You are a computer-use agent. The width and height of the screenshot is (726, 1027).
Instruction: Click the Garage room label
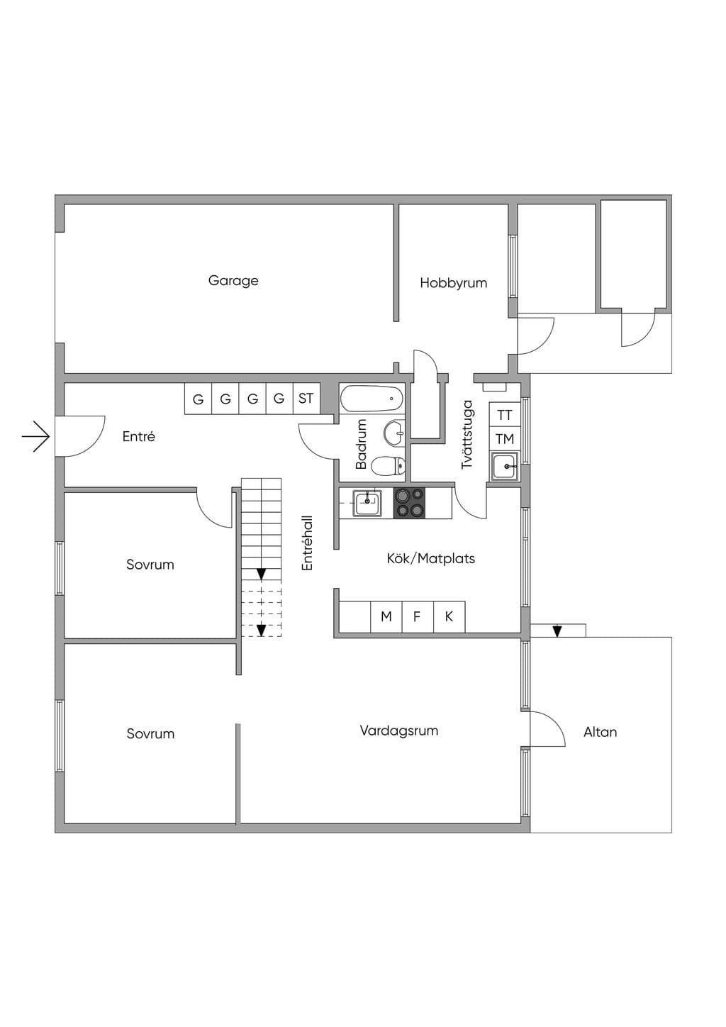tap(233, 281)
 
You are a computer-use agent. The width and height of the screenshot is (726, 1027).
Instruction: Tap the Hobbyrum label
tap(453, 283)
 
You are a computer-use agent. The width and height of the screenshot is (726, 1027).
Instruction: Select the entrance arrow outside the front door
tap(35, 436)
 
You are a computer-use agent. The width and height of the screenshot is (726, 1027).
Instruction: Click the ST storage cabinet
tap(306, 399)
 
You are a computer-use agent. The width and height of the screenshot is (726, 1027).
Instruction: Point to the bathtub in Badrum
tap(372, 399)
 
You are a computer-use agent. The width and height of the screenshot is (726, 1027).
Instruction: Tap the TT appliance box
tap(505, 415)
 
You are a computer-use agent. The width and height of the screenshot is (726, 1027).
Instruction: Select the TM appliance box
tap(505, 439)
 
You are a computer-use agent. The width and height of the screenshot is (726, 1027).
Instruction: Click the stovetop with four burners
tap(409, 504)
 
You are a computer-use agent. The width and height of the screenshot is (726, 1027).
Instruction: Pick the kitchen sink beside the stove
tap(367, 503)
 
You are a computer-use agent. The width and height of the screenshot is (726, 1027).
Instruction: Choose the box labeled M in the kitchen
tap(386, 616)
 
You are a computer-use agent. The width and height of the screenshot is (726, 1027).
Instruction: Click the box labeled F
tap(417, 616)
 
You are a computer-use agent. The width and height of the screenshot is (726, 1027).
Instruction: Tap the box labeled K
tap(449, 616)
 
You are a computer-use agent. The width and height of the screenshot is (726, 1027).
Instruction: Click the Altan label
tap(600, 732)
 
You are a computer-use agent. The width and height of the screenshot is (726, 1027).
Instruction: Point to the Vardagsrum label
tap(398, 731)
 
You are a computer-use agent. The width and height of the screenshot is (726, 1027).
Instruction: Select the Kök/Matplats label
tap(431, 558)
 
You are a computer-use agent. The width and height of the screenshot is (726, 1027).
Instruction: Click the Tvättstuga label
tap(467, 435)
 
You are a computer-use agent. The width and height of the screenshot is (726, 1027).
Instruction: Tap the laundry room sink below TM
tap(505, 466)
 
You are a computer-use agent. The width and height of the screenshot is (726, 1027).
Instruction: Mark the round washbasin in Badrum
tap(394, 433)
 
